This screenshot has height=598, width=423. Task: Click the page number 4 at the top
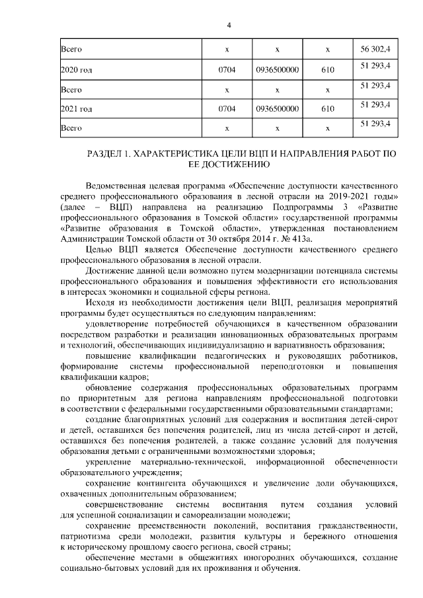click(x=228, y=26)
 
